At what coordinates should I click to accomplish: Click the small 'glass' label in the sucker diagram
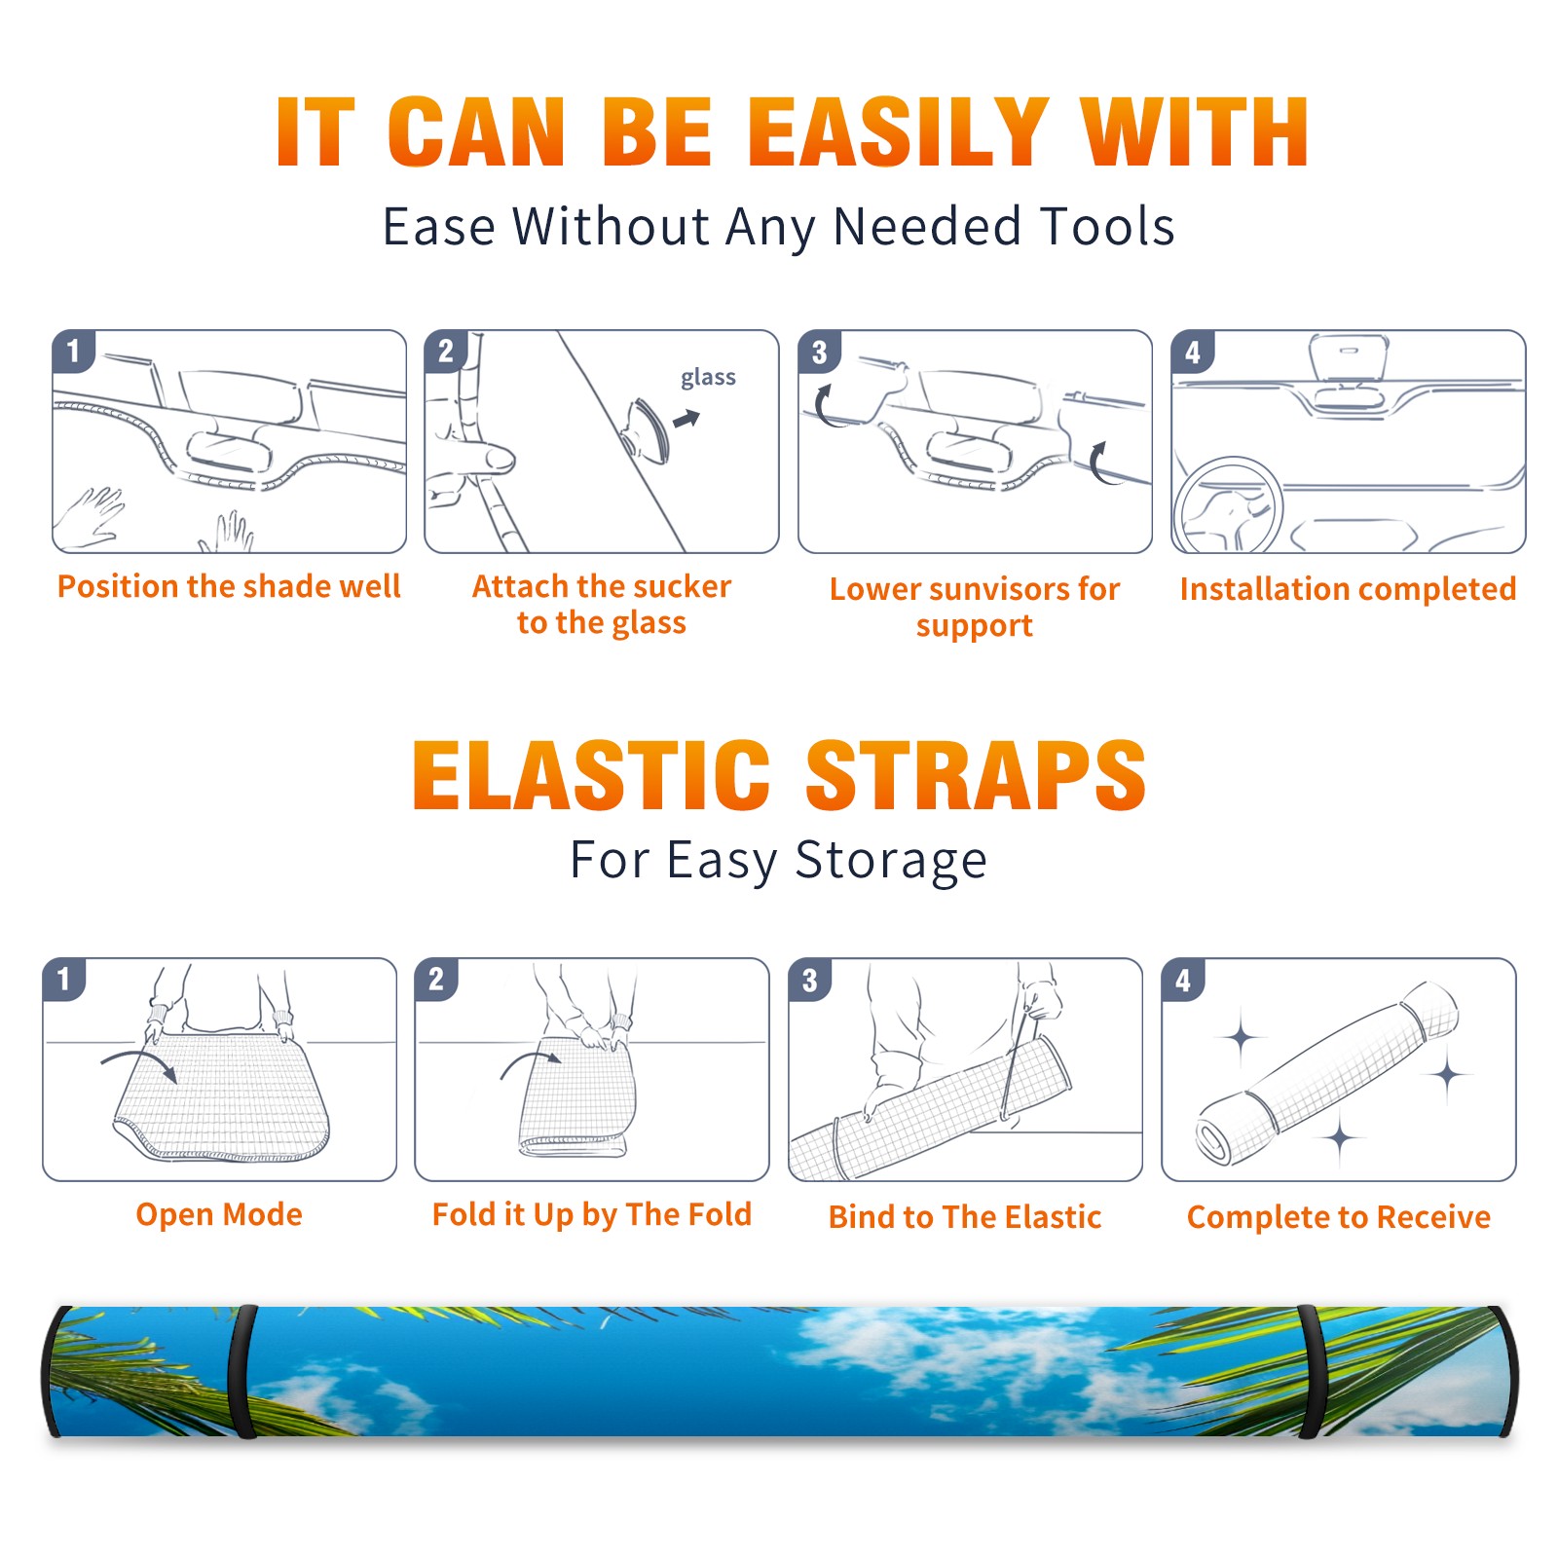[708, 378]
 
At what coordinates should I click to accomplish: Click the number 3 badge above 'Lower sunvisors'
[819, 352]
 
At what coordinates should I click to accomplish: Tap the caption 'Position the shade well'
[229, 586]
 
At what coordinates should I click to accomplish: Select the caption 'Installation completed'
[1348, 589]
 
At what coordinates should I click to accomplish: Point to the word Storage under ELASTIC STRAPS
[891, 862]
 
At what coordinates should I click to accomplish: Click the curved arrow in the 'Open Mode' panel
[139, 1063]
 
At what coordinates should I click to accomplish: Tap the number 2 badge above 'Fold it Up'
[436, 979]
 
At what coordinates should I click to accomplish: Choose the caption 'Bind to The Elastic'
[965, 1217]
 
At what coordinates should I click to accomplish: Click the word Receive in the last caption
[1433, 1217]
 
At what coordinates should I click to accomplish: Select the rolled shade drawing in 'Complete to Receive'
[1326, 1073]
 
